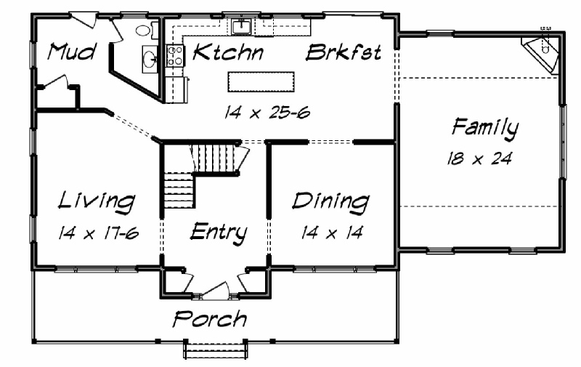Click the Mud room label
pyautogui.click(x=72, y=52)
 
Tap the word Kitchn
pyautogui.click(x=228, y=52)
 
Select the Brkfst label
pyautogui.click(x=344, y=52)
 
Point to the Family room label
pyautogui.click(x=485, y=129)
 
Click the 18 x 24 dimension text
pyautogui.click(x=479, y=158)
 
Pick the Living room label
pyautogui.click(x=97, y=202)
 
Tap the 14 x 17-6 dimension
pyautogui.click(x=98, y=233)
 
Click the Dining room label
pyautogui.click(x=330, y=202)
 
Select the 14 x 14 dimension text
pyautogui.click(x=332, y=233)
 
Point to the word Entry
pyautogui.click(x=219, y=233)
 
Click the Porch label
pyautogui.click(x=210, y=319)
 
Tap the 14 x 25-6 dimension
pyautogui.click(x=267, y=112)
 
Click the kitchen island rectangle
pyautogui.click(x=261, y=82)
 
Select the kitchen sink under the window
pyautogui.click(x=242, y=26)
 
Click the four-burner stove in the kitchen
pyautogui.click(x=175, y=56)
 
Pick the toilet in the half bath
pyautogui.click(x=146, y=31)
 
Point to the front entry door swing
pyautogui.click(x=216, y=291)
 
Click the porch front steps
pyautogui.click(x=216, y=350)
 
